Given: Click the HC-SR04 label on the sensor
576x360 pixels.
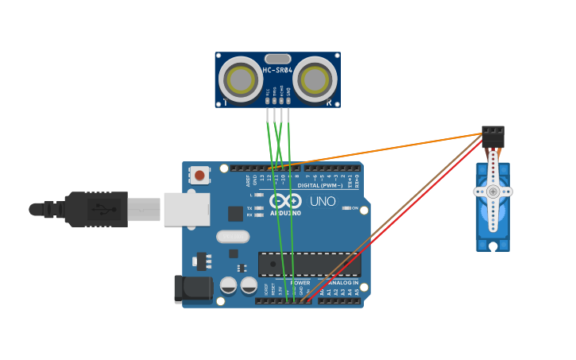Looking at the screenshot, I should click(277, 70).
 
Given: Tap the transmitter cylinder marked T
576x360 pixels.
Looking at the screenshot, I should click(240, 79).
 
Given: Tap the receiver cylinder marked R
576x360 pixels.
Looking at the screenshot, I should click(315, 79).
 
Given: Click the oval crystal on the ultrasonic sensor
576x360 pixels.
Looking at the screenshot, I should click(277, 58).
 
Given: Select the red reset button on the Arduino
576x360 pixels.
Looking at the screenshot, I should click(199, 175).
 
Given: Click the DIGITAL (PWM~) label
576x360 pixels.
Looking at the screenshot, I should click(320, 185).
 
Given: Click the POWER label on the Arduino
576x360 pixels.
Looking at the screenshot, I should click(300, 282).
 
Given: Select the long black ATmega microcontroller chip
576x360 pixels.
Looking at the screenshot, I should click(309, 264).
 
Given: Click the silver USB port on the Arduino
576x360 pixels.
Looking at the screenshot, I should click(187, 209).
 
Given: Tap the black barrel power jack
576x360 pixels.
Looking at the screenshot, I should click(193, 288).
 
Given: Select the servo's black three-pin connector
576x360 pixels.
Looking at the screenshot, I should click(493, 137).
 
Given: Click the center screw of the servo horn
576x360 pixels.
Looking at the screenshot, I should click(493, 192).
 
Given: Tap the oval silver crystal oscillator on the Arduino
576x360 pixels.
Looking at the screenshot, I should click(233, 236).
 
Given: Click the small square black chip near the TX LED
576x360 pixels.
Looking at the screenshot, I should click(235, 213).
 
